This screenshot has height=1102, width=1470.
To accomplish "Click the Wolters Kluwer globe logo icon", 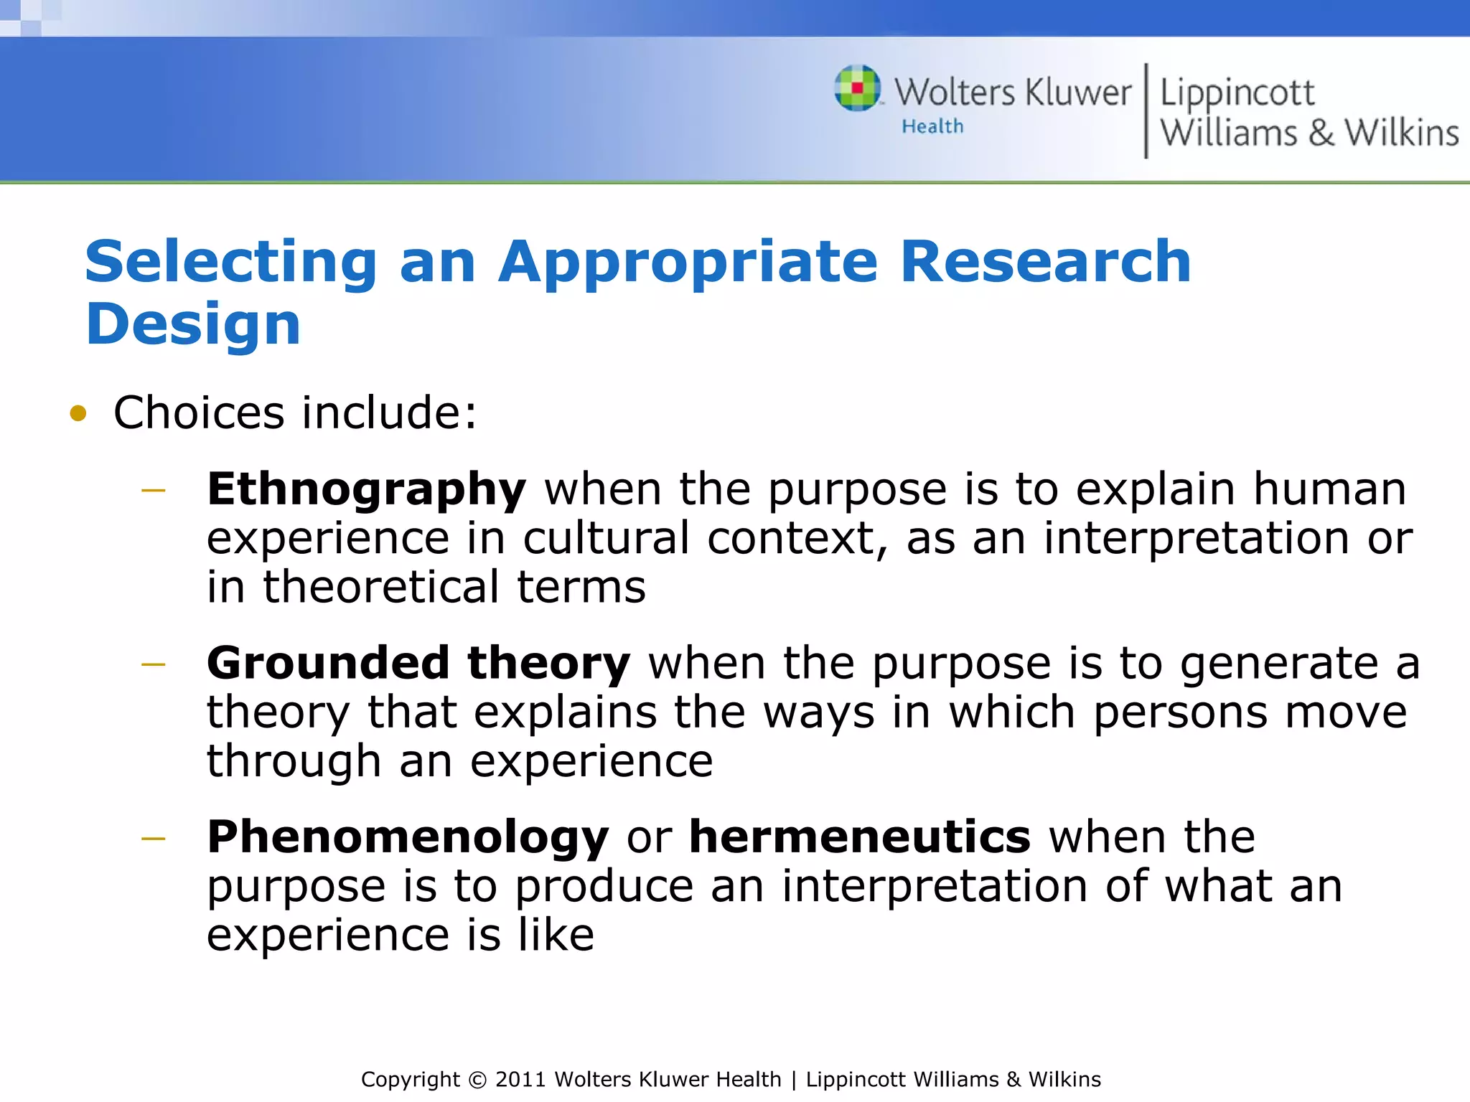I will (857, 88).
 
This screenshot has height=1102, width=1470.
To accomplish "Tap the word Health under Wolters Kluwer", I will (932, 127).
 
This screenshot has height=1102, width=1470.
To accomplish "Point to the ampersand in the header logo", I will (1321, 133).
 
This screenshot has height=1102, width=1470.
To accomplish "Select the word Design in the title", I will (192, 324).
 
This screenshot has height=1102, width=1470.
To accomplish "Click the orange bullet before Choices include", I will (78, 414).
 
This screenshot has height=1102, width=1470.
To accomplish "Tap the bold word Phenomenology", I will (407, 839).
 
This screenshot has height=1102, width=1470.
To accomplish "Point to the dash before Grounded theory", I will (154, 665).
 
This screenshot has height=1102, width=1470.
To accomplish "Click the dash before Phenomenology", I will (154, 838).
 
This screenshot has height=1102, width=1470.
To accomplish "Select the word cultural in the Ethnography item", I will (606, 538).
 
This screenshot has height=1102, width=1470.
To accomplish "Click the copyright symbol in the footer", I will (477, 1080).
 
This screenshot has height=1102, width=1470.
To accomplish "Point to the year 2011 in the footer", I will (520, 1080).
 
